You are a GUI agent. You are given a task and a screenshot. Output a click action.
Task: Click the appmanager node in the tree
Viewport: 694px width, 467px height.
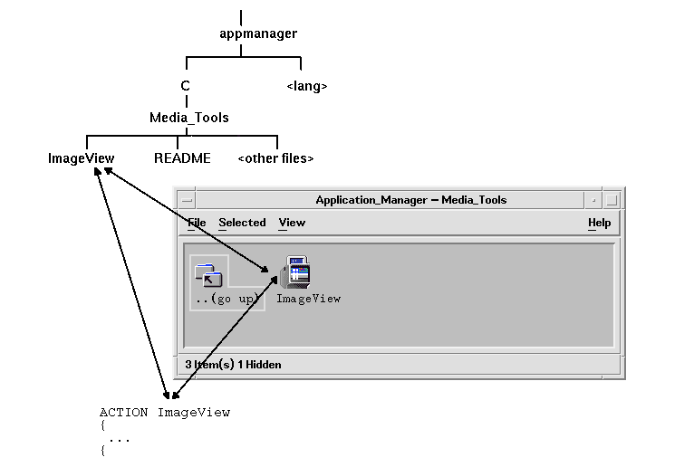pyautogui.click(x=258, y=34)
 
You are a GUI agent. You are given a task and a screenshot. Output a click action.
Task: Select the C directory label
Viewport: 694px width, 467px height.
pyautogui.click(x=185, y=87)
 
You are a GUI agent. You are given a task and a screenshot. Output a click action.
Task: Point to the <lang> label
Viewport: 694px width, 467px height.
pyautogui.click(x=306, y=87)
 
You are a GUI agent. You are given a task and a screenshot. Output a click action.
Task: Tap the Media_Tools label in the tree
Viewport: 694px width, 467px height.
pyautogui.click(x=188, y=118)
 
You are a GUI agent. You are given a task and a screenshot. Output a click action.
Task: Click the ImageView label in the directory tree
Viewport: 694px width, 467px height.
pyautogui.click(x=82, y=158)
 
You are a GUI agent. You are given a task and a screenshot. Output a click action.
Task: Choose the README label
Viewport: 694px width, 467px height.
pyautogui.click(x=182, y=158)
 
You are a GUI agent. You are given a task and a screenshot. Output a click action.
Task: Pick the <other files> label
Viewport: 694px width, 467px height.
pyautogui.click(x=275, y=158)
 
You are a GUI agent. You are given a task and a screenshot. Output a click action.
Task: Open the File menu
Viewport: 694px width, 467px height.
pyautogui.click(x=197, y=223)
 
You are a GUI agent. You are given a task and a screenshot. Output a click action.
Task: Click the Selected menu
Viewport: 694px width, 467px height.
pyautogui.click(x=242, y=223)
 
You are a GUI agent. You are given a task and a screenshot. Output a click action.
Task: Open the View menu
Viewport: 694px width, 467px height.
pyautogui.click(x=292, y=223)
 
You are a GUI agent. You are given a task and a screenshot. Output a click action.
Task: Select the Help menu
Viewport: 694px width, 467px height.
pyautogui.click(x=599, y=223)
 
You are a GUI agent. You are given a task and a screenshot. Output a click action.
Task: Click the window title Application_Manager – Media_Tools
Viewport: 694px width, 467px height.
pyautogui.click(x=410, y=200)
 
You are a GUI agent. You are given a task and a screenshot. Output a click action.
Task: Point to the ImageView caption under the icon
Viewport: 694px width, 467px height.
pyautogui.click(x=308, y=299)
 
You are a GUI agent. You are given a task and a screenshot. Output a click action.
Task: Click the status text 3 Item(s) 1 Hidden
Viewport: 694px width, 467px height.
pyautogui.click(x=233, y=365)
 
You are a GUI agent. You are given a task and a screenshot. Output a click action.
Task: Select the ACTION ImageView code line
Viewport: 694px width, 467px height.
pyautogui.click(x=165, y=413)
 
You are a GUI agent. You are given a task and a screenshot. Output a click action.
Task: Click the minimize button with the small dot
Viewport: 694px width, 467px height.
pyautogui.click(x=593, y=200)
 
